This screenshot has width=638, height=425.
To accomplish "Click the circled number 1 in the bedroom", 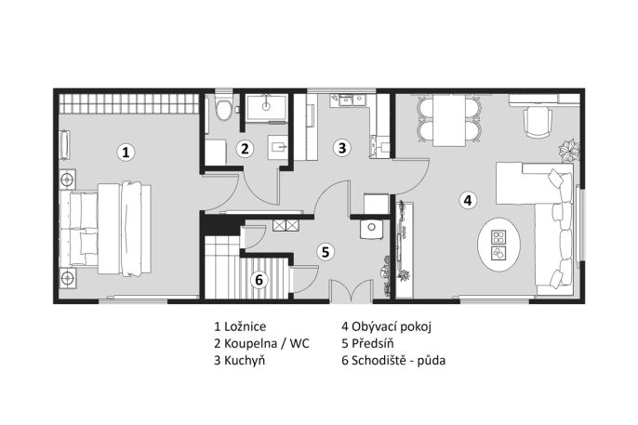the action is coord(126,153).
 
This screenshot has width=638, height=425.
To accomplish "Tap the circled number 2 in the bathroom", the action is coord(245,149).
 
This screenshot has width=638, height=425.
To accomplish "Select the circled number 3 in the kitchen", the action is coord(342,148).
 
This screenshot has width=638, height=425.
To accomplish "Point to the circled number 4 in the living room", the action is coord(468,200).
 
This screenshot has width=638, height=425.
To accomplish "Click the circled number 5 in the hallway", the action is coord(326,252).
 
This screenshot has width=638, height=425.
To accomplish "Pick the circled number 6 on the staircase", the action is coord(259,280).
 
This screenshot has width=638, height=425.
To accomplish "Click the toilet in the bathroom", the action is coord(222,108).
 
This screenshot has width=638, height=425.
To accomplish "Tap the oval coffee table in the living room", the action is coord(498,245).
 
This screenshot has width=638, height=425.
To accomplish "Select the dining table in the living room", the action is coord(449,120).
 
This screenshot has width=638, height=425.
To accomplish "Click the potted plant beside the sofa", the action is coord(569,151).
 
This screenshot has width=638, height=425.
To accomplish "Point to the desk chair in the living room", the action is coord(538,121).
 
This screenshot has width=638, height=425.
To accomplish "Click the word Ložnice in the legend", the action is coord(246,326).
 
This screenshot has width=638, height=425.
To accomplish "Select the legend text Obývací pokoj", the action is coord(392,326).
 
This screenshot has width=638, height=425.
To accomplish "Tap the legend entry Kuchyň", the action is coord(245,360).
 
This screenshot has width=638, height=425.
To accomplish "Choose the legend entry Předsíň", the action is coord(373,343).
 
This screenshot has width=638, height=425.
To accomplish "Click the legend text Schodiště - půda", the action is coord(399,360).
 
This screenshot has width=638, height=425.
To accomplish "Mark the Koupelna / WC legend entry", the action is coord(267,344).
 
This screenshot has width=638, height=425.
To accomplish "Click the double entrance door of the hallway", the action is coord(352,291).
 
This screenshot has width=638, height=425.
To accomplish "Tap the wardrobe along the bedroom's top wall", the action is coord(129,104).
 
